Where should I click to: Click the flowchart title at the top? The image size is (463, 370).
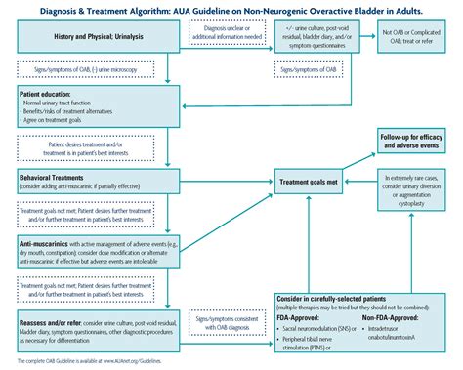click(231, 11)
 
